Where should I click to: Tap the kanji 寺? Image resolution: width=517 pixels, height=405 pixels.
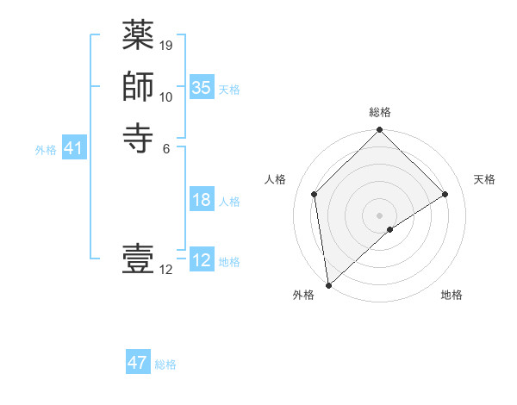[138, 137]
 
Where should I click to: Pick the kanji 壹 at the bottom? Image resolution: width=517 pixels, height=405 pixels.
[138, 259]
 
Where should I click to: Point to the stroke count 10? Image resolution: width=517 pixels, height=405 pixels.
[166, 97]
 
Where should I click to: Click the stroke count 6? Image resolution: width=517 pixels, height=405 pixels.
[166, 148]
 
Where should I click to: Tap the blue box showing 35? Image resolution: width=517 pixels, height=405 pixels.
[202, 88]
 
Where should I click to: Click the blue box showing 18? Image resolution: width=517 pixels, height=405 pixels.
[202, 201]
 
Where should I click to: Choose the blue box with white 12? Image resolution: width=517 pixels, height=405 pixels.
[202, 261]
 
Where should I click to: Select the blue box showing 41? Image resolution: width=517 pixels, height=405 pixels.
[73, 149]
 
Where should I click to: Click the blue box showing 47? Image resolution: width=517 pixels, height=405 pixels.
[138, 364]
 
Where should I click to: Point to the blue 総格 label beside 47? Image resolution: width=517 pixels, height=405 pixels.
[165, 364]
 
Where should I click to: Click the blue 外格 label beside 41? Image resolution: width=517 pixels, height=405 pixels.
[46, 150]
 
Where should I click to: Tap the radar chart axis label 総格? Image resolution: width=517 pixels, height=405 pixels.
[380, 113]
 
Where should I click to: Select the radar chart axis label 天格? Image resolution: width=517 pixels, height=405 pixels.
[485, 179]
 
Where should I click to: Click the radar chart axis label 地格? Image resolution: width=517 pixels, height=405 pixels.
[452, 296]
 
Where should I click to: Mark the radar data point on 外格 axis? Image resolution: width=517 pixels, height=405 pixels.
[328, 284]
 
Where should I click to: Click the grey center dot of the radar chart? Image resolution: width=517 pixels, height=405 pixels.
[380, 215]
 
